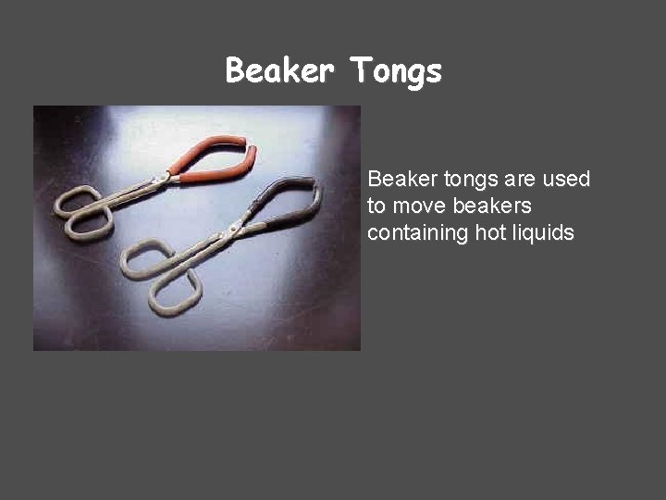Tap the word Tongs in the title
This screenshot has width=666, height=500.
(395, 71)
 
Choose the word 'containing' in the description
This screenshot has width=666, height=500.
(417, 232)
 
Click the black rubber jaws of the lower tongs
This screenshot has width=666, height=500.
(291, 203)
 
